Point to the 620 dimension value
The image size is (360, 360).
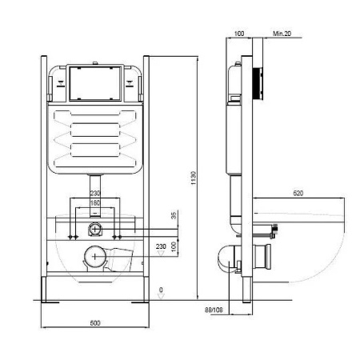click(x=298, y=194)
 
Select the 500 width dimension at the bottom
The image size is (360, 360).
click(x=94, y=322)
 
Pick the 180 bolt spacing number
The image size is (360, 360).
click(x=94, y=202)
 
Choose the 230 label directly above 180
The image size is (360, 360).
click(x=94, y=193)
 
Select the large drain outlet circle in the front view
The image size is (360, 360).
click(x=95, y=258)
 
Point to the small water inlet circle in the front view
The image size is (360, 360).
click(x=94, y=230)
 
